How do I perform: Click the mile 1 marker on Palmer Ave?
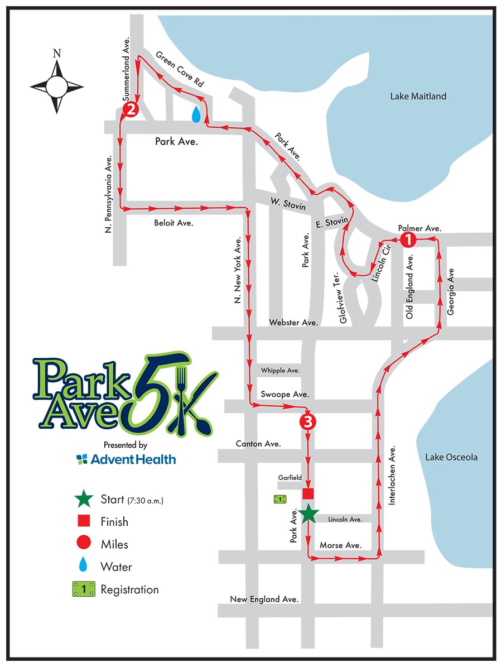408,240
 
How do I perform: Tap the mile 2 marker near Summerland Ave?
131,109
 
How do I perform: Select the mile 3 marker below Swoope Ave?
307,421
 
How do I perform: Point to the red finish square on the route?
308,493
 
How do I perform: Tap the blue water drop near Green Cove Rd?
196,114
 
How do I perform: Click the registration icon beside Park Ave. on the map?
280,499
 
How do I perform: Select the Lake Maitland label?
418,97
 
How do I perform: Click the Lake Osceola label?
451,457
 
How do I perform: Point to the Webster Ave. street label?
293,323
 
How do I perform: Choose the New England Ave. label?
264,599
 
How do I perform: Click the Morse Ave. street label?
340,545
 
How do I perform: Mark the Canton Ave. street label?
258,444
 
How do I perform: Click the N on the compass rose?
56,54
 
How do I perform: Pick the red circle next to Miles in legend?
83,544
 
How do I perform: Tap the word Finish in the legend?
114,522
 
